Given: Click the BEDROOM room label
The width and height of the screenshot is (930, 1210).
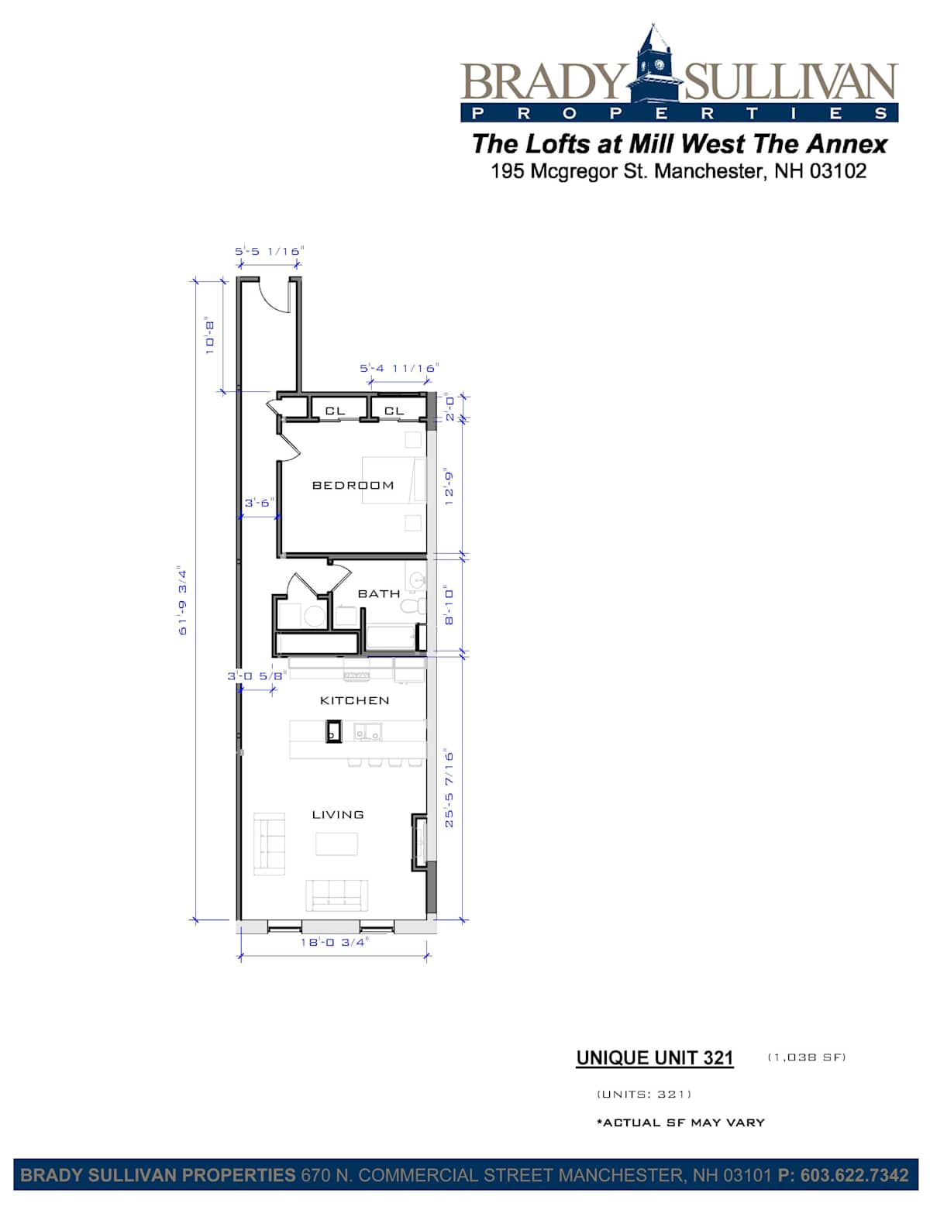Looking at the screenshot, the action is pyautogui.click(x=353, y=485).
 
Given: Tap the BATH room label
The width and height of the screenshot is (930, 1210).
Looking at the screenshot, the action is pyautogui.click(x=379, y=593).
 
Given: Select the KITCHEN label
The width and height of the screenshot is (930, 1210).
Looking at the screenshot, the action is pyautogui.click(x=354, y=700).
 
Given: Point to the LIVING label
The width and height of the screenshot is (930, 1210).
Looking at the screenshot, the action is pyautogui.click(x=337, y=814).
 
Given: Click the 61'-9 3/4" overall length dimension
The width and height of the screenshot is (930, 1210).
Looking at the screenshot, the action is pyautogui.click(x=183, y=601).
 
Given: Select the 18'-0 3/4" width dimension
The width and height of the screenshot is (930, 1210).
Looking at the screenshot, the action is pyautogui.click(x=335, y=942).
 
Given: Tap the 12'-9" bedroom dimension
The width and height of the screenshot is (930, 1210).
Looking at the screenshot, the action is pyautogui.click(x=449, y=488).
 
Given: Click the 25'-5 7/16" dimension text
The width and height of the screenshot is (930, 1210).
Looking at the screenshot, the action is pyautogui.click(x=449, y=789).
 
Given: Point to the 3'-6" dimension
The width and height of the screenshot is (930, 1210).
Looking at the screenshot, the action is pyautogui.click(x=259, y=502).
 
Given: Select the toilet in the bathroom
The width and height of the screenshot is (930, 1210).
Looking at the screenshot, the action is pyautogui.click(x=412, y=606).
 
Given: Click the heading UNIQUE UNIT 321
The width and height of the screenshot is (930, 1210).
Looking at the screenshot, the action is pyautogui.click(x=654, y=1058).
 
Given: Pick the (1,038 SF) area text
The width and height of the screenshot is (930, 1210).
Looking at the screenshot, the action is pyautogui.click(x=806, y=1057).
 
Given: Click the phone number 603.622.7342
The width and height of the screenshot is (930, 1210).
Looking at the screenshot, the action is pyautogui.click(x=854, y=1175).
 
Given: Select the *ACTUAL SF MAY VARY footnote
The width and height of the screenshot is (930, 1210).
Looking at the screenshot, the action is pyautogui.click(x=680, y=1122).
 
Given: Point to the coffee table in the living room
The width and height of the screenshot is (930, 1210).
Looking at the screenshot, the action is pyautogui.click(x=336, y=844).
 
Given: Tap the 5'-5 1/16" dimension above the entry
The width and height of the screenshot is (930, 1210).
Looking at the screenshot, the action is pyautogui.click(x=269, y=251).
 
